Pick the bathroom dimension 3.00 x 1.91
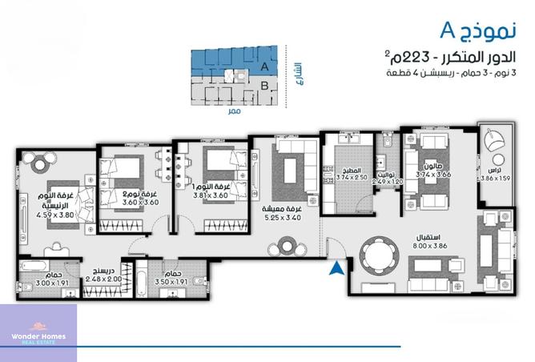[x=41, y=283]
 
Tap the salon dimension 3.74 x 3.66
[x=434, y=174]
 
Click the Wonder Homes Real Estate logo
[x=38, y=340]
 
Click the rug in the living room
[x=290, y=170]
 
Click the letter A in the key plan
[x=264, y=66]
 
